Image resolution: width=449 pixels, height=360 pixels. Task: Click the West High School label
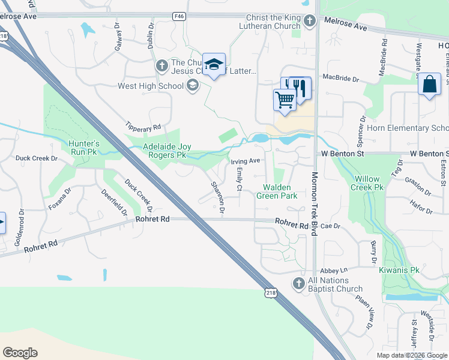pos(151,86)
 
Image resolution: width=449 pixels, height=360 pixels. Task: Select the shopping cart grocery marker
pos(285,99)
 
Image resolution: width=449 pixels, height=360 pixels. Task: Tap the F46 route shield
pos(178,16)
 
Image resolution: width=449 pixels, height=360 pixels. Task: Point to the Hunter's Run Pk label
pos(83,148)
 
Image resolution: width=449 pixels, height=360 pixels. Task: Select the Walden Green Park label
pos(277,191)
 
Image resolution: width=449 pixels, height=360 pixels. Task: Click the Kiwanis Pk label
pos(399,270)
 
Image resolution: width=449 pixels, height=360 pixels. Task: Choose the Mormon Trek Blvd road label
pos(313,204)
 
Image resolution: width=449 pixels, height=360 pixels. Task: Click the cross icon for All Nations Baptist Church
pos(299,283)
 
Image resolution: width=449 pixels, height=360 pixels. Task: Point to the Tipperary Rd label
pos(143,127)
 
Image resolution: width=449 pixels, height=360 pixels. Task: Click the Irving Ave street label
pos(246,161)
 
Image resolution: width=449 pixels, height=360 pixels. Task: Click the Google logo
pos(20,353)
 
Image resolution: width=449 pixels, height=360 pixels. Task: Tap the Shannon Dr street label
pos(217,199)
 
